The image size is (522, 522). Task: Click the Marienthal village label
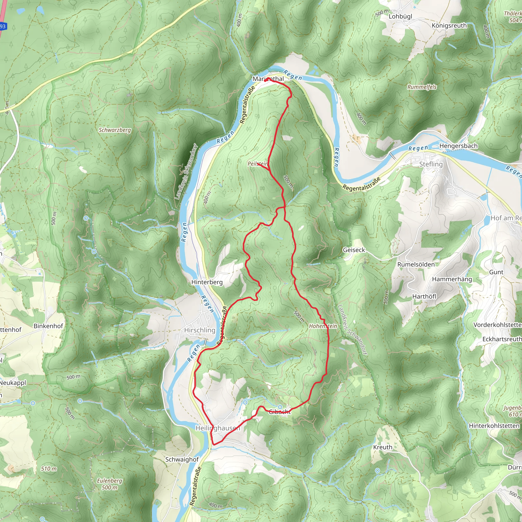[268, 79]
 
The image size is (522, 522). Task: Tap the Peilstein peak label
[257, 164]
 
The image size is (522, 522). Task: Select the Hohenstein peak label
[323, 326]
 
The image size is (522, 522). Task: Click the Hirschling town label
[200, 330]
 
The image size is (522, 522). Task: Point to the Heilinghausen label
[217, 428]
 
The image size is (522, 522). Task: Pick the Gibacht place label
[280, 412]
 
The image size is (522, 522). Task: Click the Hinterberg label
[207, 282]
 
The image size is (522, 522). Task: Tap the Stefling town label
[431, 164]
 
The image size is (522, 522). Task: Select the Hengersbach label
[459, 146]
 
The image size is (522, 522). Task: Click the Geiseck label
[354, 250]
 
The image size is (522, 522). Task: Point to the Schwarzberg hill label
[114, 130]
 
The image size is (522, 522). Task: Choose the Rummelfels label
[422, 87]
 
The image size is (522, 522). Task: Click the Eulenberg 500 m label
[109, 484]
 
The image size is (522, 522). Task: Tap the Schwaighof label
[182, 459]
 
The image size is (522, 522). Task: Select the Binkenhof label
[48, 326]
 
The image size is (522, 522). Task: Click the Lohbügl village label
[400, 17]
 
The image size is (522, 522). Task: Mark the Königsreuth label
[449, 26]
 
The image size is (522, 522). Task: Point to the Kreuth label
[383, 447]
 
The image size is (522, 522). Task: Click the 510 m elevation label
[49, 469]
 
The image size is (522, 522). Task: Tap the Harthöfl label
[424, 296]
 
